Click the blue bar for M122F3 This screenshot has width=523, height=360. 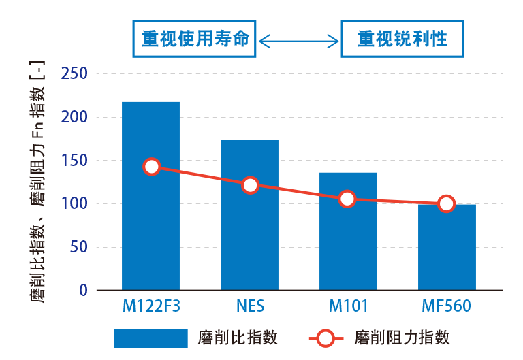(x=150, y=225)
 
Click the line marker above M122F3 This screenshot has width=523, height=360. (x=152, y=167)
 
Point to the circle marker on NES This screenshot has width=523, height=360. (x=250, y=185)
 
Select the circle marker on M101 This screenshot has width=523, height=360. (x=347, y=199)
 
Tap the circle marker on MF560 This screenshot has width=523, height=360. (x=446, y=203)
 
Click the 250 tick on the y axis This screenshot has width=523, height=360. (x=75, y=73)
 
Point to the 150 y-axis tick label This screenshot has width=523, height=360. (x=75, y=161)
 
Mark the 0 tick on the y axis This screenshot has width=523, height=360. (x=83, y=291)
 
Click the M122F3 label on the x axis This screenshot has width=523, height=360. (x=151, y=306)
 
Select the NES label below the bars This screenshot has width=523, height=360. (x=250, y=306)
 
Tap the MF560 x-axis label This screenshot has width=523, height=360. (x=445, y=306)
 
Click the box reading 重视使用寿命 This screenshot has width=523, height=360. (x=194, y=39)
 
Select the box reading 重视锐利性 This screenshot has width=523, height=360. (x=402, y=39)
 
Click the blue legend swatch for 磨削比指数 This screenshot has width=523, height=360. (x=150, y=338)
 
